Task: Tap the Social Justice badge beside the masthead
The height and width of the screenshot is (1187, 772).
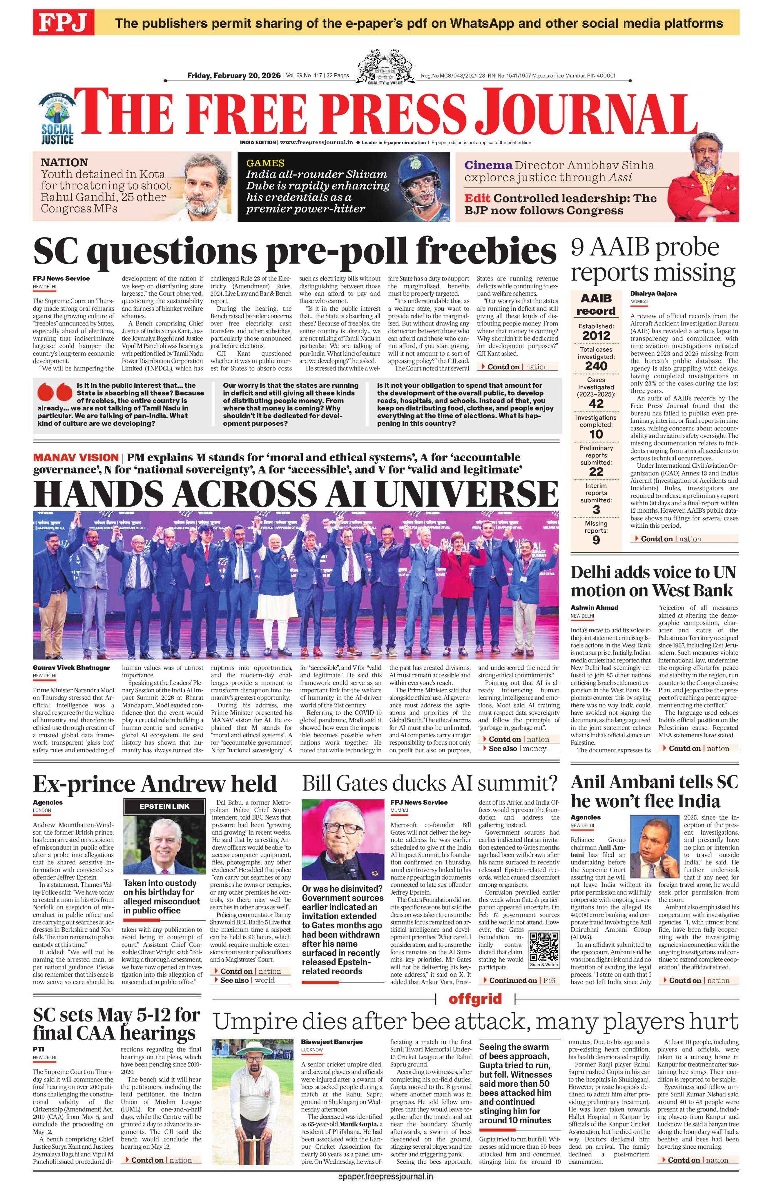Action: (57, 119)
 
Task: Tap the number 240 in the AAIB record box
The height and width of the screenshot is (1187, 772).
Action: (596, 365)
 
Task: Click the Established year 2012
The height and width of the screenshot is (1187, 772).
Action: (596, 335)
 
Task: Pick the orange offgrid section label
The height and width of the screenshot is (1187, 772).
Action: (474, 998)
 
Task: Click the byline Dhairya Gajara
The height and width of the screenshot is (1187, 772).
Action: (653, 293)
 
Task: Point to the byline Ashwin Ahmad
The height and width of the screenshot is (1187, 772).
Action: (594, 607)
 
